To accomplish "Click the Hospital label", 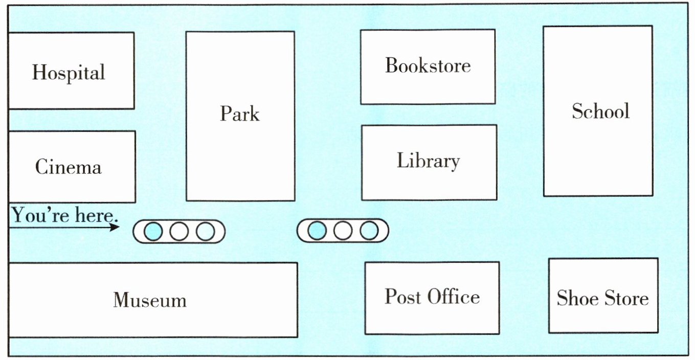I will [x=69, y=73].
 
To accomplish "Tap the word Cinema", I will [x=68, y=167].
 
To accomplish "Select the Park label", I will [x=239, y=114].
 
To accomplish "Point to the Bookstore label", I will [x=428, y=65].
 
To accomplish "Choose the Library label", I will [x=428, y=161].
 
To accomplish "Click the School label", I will [x=600, y=111].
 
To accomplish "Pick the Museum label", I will [x=150, y=300].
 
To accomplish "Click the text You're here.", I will [x=64, y=215].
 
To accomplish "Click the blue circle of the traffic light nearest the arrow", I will [x=153, y=232].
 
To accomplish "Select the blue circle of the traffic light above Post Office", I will [x=317, y=231].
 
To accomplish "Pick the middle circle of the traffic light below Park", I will [x=178, y=232].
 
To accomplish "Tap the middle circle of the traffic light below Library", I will [x=343, y=231].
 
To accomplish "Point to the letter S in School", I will [x=578, y=111].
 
